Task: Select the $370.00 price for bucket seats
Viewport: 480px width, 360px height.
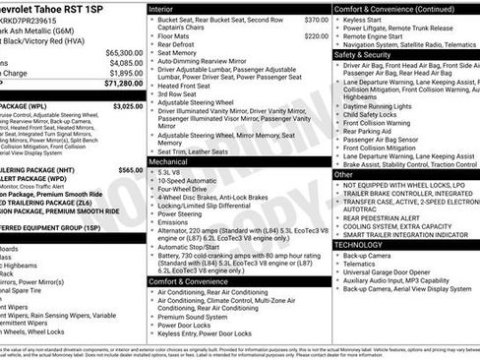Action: (x=316, y=20)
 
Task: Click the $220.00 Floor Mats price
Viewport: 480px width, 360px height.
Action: (x=316, y=35)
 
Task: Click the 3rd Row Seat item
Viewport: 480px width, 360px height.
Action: (x=180, y=94)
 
